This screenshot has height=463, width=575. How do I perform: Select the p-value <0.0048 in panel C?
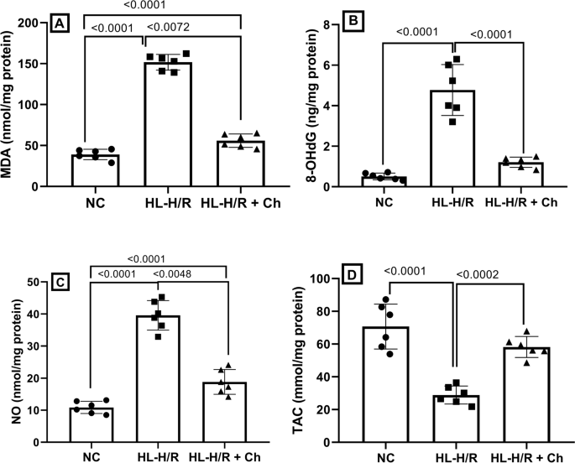174,273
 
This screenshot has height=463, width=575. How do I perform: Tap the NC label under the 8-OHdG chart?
384,202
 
